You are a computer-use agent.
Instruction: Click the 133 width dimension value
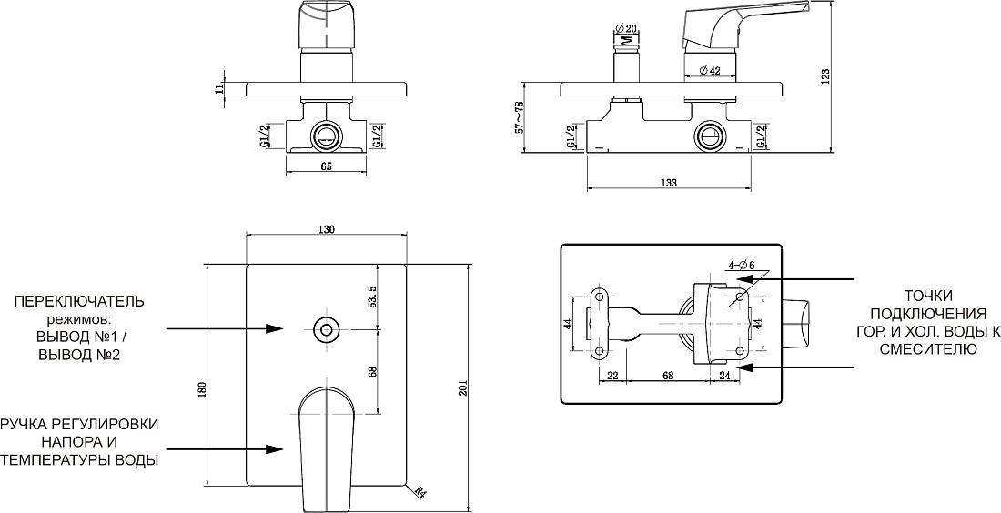coord(669,183)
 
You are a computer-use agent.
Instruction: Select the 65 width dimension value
coord(326,166)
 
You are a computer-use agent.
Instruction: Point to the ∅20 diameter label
coord(627,27)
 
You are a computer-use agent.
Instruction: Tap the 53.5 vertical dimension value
coord(373,297)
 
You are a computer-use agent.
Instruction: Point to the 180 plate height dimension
coord(202,389)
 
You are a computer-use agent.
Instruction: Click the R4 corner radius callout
coord(420,492)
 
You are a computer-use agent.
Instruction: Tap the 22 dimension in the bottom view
coord(612,376)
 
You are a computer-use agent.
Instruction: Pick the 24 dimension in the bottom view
coord(724,376)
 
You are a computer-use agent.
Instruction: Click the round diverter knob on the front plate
coord(327,330)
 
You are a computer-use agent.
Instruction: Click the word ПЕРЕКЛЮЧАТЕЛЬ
coord(80,300)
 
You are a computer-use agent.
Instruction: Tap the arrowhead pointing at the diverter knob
coord(275,328)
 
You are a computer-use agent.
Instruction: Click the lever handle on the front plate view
coord(326,446)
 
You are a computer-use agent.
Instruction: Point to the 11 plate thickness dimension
coord(221,88)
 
